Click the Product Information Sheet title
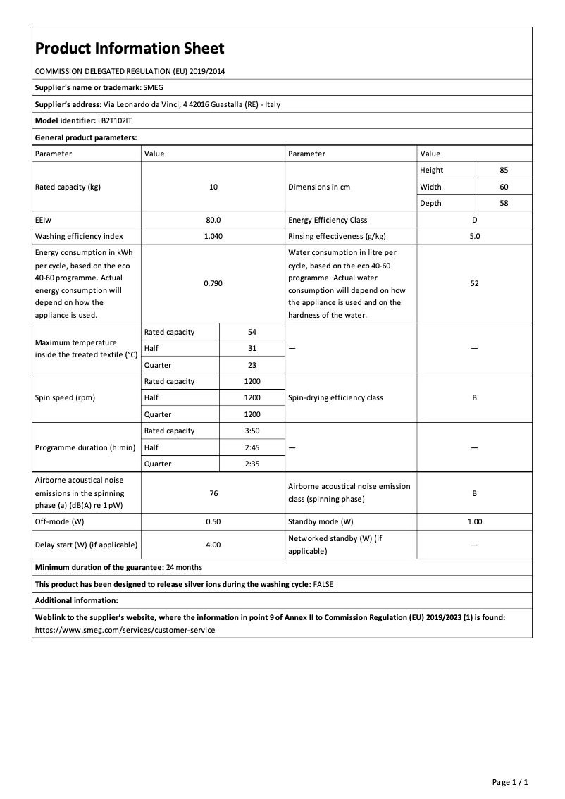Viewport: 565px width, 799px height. pos(130,48)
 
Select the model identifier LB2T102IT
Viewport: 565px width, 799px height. pos(115,120)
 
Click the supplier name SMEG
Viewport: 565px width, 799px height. pos(153,87)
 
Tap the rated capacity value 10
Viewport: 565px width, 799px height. pos(213,187)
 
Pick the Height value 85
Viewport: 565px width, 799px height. pos(503,170)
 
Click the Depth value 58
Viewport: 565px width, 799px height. pos(503,203)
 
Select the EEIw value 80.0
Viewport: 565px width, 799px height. pos(213,220)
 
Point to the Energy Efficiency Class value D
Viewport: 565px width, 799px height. pos(474,220)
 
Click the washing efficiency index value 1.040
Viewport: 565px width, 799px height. pos(213,236)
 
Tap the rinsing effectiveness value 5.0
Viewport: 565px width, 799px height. pos(474,236)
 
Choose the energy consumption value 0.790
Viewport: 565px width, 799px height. pos(213,283)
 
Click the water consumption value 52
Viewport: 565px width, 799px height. pos(474,283)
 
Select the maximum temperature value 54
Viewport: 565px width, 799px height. pos(252,332)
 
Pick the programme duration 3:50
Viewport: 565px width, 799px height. pos(252,431)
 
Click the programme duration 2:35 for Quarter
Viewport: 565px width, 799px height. pos(252,464)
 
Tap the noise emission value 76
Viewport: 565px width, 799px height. pos(213,493)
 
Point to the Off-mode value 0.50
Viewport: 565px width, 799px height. pos(213,521)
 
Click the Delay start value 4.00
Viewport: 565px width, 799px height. pos(213,545)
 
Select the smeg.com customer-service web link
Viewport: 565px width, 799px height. pos(125,630)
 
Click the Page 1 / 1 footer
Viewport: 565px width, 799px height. pos(509,782)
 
